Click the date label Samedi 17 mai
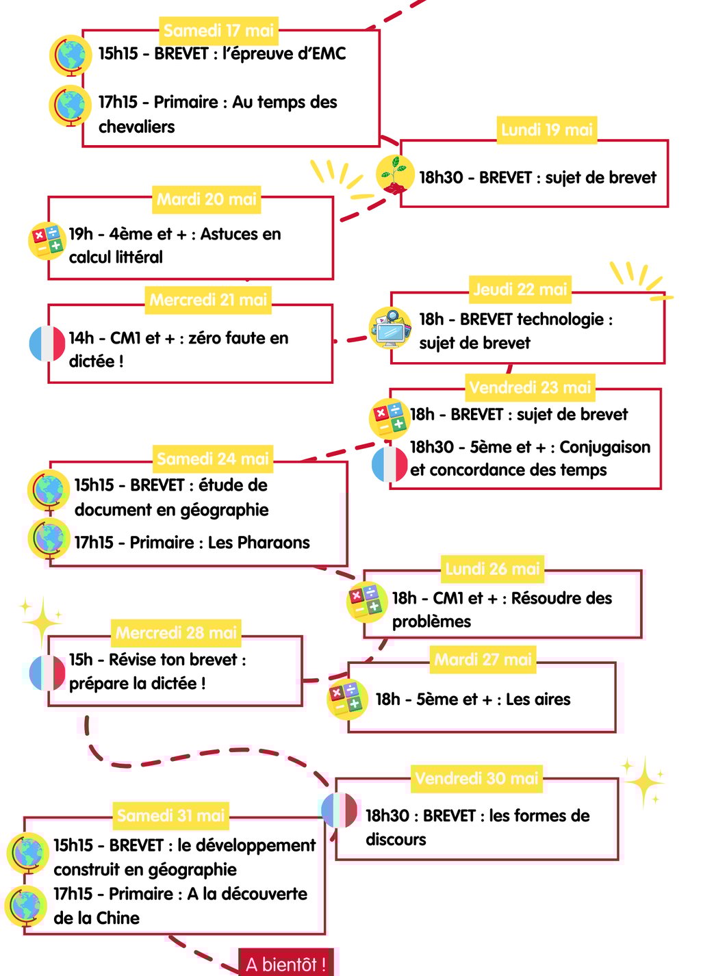219,31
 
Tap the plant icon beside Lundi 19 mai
394,175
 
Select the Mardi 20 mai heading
207,199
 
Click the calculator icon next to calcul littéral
47,241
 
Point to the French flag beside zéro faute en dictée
47,344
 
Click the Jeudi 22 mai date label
520,289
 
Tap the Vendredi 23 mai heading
530,387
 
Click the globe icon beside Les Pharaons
49,539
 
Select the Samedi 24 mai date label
213,459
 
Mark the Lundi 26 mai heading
492,569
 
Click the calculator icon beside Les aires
347,698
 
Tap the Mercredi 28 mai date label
176,632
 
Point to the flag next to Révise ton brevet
47,673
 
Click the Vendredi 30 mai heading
476,778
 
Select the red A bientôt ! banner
288,963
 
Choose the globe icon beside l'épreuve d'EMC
70,55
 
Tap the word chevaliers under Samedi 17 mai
137,127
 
